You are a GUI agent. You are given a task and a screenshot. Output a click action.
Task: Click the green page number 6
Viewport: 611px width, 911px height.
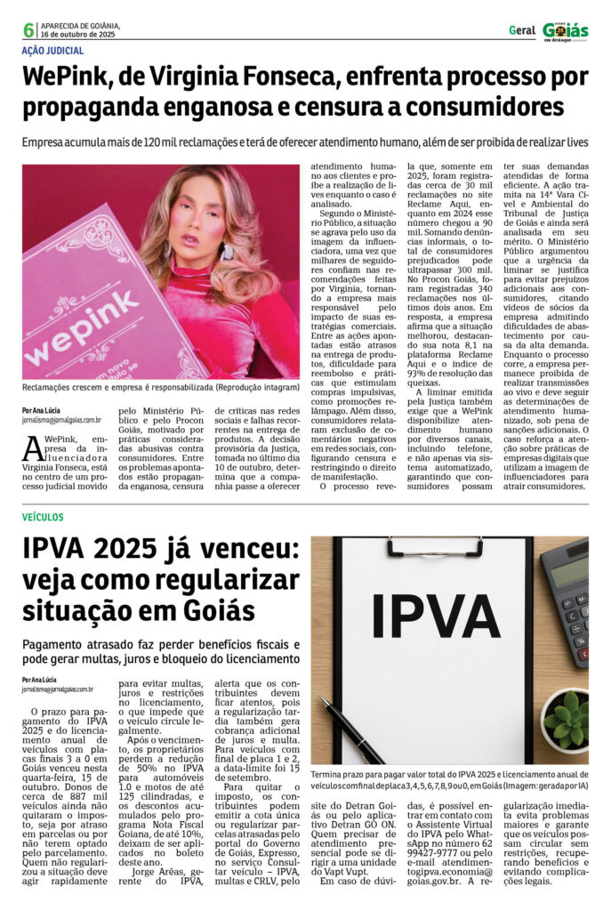(x=28, y=30)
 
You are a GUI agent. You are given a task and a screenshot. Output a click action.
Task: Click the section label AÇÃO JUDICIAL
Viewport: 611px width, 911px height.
(x=52, y=52)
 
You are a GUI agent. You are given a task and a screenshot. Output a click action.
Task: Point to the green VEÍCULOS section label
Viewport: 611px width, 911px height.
(x=43, y=517)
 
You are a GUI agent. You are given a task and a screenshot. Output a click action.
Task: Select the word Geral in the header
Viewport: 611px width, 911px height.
(x=522, y=30)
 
